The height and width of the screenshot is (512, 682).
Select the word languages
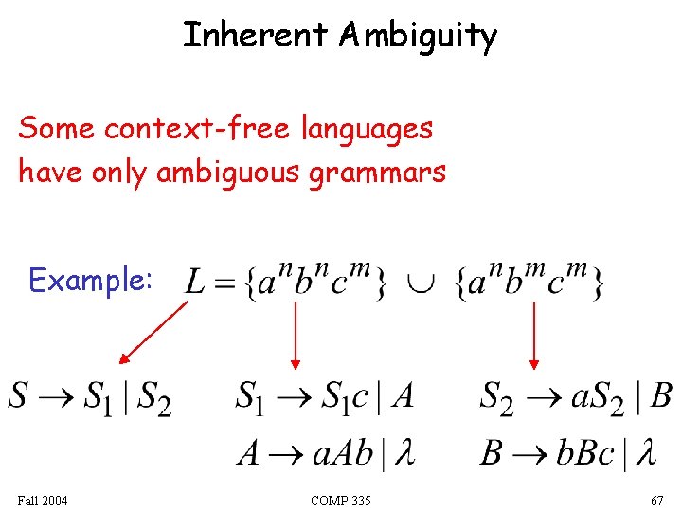tap(368, 129)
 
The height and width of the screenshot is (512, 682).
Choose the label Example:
tap(90, 280)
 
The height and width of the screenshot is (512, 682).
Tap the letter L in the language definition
tap(196, 283)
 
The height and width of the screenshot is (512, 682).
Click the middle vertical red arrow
tap(296, 334)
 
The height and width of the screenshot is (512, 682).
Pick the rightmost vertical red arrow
tap(533, 334)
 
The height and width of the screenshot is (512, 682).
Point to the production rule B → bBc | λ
tap(566, 451)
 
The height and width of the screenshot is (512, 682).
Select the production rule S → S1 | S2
tap(90, 397)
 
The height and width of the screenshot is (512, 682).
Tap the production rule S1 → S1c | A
tap(324, 395)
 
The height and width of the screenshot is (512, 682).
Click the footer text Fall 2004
tap(43, 500)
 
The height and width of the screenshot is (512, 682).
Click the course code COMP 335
tap(340, 500)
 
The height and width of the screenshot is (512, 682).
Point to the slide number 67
tap(656, 500)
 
